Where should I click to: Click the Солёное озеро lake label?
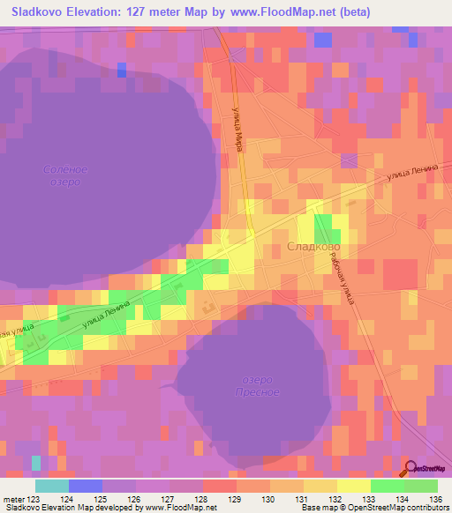pyautogui.click(x=65, y=175)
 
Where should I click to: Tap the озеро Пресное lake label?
pyautogui.click(x=260, y=385)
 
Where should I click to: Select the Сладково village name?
pyautogui.click(x=313, y=249)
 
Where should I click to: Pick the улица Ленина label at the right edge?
pyautogui.click(x=412, y=174)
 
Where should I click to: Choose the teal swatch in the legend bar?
pyautogui.click(x=52, y=486)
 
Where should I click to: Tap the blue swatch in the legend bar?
pyautogui.click(x=86, y=486)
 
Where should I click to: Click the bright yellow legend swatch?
pyautogui.click(x=354, y=486)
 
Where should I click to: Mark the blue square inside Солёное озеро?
pyautogui.click(x=121, y=70)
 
